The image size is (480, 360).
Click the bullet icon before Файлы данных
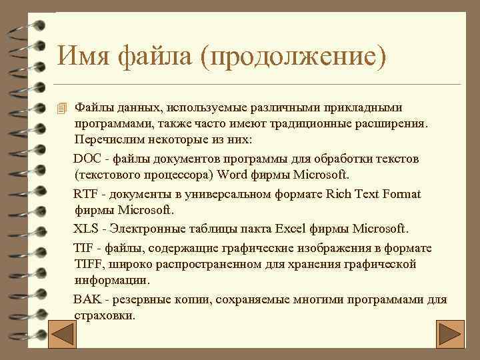[x=62, y=107]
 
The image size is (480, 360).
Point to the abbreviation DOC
[x=85, y=159]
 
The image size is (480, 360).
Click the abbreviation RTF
[x=85, y=194]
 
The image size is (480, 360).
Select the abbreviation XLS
[x=85, y=229]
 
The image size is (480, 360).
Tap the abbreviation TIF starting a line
[x=83, y=248]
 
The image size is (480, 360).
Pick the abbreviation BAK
[x=86, y=299]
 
